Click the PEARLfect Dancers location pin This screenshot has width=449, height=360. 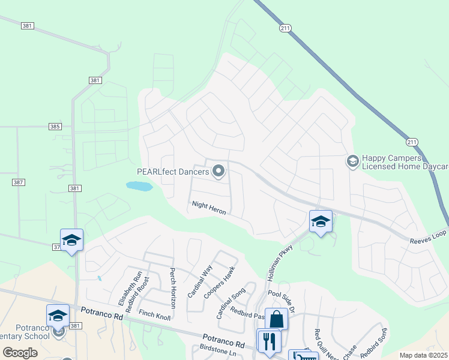218,172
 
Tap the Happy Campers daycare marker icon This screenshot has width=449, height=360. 352,161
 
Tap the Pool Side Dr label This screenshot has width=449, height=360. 282,302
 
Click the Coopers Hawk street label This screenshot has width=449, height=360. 218,287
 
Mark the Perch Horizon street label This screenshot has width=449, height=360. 173,288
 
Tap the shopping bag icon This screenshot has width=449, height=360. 276,319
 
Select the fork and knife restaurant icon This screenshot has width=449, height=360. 268,340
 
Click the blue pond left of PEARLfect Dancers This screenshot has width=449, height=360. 139,187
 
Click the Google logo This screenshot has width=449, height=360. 20,353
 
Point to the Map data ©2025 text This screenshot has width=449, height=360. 423,355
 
